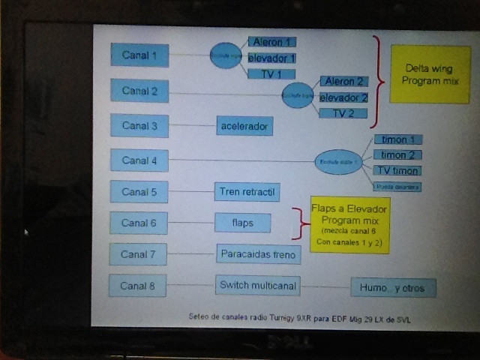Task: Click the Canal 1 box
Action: [139, 55]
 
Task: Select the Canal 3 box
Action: [139, 125]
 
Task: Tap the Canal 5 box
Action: [139, 192]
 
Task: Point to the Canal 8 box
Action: [137, 286]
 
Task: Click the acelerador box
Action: [244, 126]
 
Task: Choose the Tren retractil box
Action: [247, 192]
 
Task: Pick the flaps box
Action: [242, 223]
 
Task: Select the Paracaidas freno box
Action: [259, 254]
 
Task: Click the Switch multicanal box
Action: [258, 285]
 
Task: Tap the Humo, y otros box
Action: [393, 287]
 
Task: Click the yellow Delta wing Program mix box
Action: [430, 74]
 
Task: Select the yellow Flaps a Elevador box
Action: [350, 225]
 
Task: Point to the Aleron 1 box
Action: [274, 42]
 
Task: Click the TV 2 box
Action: [343, 113]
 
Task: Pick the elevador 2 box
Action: [343, 97]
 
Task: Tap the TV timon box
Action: [397, 170]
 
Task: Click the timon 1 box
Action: [397, 139]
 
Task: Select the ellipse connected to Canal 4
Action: [338, 161]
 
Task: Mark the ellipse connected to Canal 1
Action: [226, 55]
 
